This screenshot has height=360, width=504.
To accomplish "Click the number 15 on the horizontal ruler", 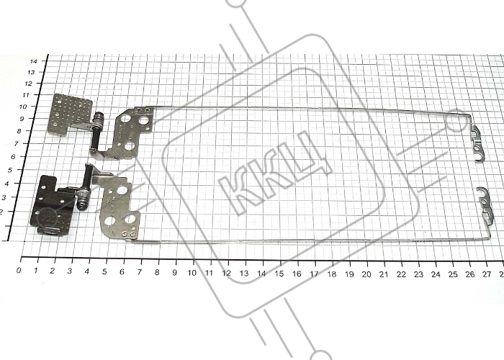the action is [279, 274].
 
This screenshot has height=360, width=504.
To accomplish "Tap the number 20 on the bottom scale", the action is [366, 274].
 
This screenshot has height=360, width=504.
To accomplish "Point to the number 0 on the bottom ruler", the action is [19, 270].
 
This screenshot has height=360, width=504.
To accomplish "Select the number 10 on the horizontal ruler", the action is [192, 273].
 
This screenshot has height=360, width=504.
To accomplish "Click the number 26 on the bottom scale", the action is [470, 274].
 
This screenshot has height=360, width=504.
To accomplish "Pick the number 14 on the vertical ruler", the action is [33, 61].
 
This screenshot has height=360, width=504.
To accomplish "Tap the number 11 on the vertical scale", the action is [25, 95].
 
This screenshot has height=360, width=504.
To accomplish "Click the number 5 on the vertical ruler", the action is [9, 170].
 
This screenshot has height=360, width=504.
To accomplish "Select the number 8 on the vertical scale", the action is [19, 131].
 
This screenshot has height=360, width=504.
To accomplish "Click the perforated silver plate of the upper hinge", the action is [70, 113].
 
